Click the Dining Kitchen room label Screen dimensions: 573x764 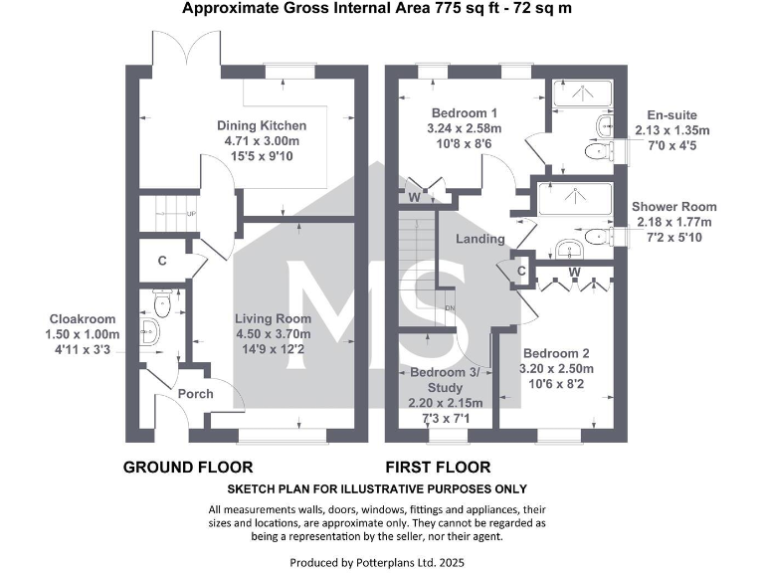tap(262, 126)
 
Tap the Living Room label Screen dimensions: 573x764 tap(273, 319)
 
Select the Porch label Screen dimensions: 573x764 tap(195, 394)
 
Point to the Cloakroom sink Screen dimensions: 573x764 tap(148, 332)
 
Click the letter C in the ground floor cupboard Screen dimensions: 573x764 tap(161, 264)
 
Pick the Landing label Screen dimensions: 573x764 tap(480, 239)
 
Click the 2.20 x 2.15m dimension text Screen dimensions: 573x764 tap(446, 403)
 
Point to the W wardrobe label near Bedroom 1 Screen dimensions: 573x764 tap(414, 197)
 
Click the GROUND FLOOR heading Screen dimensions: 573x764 tap(187, 467)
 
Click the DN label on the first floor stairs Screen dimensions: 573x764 tap(449, 307)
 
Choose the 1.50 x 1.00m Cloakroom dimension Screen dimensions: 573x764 tap(84, 334)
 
